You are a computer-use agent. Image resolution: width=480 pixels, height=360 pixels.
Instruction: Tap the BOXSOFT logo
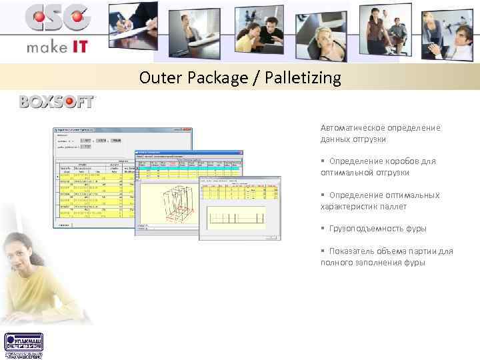58,102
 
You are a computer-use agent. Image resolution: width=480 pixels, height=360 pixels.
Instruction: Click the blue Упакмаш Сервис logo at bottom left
23,345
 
